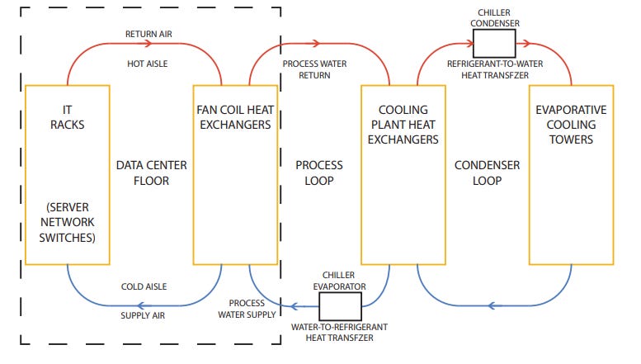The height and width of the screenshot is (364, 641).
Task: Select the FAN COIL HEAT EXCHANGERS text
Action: click(233, 116)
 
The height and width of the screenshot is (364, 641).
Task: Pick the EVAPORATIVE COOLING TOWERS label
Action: click(571, 124)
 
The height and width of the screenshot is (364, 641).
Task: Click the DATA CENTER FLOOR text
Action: click(152, 173)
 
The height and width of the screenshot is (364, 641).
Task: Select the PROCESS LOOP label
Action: click(318, 173)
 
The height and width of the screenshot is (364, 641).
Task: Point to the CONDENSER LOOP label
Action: click(488, 173)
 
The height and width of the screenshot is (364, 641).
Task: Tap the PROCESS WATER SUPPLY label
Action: click(241, 308)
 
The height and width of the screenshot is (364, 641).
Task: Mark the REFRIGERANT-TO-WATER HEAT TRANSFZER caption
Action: click(488, 69)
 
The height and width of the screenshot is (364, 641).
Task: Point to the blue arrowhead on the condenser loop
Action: click(492, 305)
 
